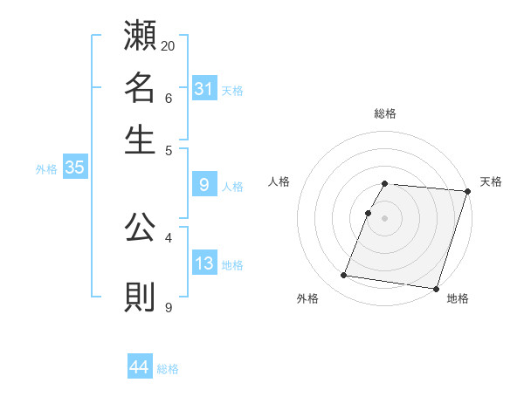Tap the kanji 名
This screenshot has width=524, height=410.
pos(141,87)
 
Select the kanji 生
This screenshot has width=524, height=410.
pos(141,140)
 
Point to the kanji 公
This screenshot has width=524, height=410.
pos(141,229)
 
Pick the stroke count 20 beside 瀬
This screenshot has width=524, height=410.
pos(169,45)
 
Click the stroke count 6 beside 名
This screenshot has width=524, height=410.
pos(169,98)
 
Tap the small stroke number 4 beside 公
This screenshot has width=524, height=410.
pos(169,237)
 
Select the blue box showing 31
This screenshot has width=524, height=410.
pos(204,88)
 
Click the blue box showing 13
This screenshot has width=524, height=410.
pos(204,263)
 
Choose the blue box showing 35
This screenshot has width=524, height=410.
pos(74,168)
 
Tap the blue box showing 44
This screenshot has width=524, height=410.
pos(140,367)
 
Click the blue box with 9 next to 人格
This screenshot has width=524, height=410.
pos(204,185)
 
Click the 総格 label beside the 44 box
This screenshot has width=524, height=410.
pos(169,369)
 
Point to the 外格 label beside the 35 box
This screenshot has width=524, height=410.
pos(46,169)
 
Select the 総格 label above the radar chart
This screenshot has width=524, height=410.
pos(385,113)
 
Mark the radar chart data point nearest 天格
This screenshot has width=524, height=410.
pos(467,191)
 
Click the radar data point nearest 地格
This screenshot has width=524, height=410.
pos(435,289)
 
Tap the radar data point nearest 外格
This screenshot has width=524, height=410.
pos(343,276)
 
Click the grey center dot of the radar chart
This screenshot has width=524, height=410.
pos(384,218)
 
